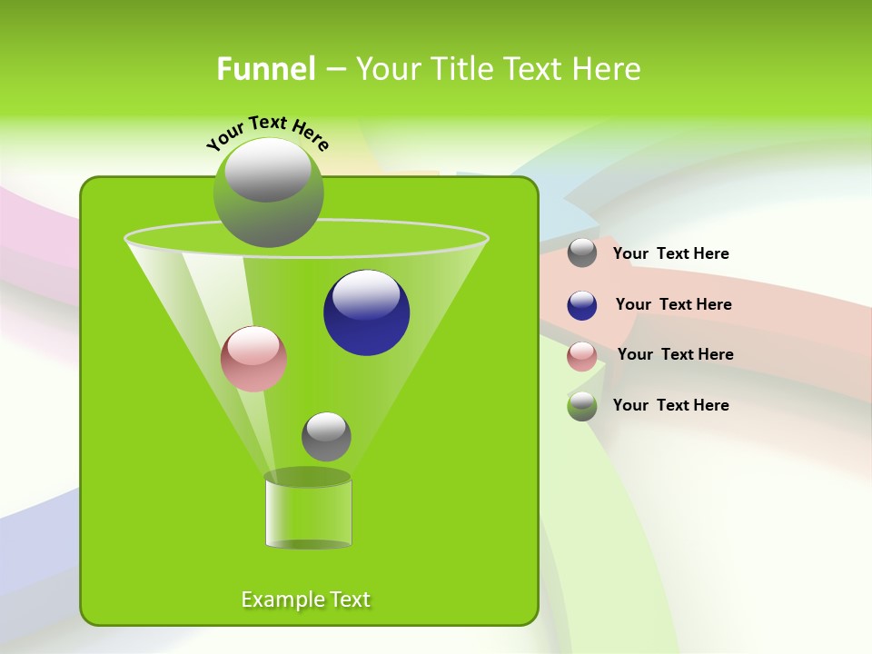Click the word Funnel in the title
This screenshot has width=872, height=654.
point(265,69)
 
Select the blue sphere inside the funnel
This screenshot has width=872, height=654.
point(367,312)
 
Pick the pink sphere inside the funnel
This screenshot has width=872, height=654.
point(254,359)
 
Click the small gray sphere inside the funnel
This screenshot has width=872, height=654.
point(326,437)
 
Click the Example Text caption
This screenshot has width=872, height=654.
point(306,599)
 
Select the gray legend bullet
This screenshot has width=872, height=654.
point(582,253)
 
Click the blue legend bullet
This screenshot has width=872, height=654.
point(582,305)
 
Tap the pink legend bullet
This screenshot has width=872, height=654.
point(582,356)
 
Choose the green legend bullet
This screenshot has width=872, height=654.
point(582,406)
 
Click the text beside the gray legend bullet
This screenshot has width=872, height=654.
point(670,253)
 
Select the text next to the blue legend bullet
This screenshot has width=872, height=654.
point(673,304)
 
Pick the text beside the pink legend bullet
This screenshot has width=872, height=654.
point(675,354)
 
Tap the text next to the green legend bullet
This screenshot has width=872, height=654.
point(670,405)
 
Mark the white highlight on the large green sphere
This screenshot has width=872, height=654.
point(268,170)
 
